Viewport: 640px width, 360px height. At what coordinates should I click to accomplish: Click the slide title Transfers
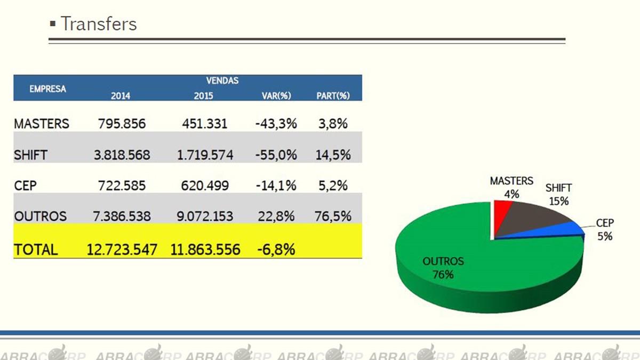[98, 24]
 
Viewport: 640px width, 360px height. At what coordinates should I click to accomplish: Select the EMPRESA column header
[47, 89]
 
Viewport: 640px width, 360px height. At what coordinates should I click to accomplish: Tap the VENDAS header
[222, 81]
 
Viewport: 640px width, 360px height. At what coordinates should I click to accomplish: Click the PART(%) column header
[333, 96]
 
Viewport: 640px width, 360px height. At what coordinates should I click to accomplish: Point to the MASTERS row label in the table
[42, 124]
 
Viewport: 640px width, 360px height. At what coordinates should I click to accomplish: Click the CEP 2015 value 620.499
[205, 186]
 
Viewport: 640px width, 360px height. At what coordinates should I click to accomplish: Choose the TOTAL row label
[36, 249]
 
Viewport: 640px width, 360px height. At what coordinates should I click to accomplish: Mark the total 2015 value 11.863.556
[205, 249]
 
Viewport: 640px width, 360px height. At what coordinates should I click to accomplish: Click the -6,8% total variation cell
[275, 249]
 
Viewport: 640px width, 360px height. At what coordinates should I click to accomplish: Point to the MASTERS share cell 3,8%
[333, 124]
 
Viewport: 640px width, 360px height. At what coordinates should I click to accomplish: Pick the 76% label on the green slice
[443, 275]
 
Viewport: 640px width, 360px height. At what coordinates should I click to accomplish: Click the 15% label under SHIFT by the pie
[559, 202]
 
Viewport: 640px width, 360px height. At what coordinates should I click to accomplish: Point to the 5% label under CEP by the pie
[604, 236]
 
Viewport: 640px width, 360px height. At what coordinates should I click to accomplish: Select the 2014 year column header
[121, 96]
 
